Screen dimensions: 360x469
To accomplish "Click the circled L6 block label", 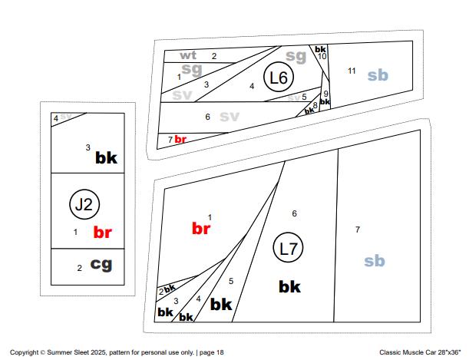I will pos(279,78).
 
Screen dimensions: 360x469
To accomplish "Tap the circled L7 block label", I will pos(289,249).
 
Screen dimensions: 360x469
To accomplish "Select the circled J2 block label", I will pos(84,204).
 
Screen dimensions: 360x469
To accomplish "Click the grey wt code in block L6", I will pos(188,55).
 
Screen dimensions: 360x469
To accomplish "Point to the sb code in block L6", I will pos(377,75).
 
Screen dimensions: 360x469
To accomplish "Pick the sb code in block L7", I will pos(374,261).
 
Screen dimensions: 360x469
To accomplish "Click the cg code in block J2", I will pos(101,264).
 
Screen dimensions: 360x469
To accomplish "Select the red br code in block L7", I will pos(201,228).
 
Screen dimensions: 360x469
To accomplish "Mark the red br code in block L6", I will pos(181,139).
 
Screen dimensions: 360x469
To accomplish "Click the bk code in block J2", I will pos(106,157).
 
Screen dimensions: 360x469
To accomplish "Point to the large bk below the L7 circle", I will pos(289,286).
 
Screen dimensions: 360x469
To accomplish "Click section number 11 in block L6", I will pos(352,71).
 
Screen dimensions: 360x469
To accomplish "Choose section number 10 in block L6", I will pos(322,56).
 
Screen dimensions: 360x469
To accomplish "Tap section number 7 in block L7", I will pos(357,230).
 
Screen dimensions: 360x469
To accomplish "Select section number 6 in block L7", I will pos(294,213).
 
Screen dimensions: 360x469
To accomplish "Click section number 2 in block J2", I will pos(79,268).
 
